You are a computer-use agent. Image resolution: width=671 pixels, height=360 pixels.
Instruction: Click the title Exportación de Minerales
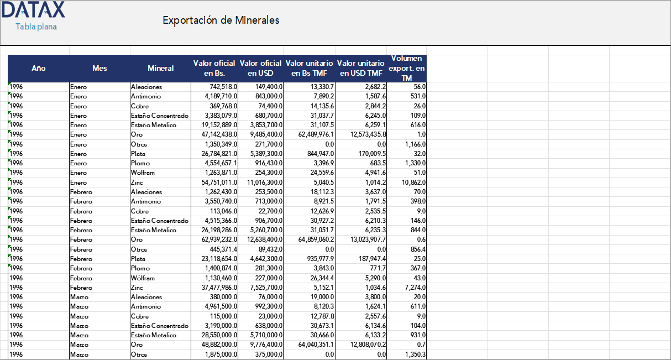[221, 20]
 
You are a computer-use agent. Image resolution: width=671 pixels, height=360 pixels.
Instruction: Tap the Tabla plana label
[36, 27]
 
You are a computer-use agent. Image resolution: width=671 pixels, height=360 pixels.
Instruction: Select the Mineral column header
[160, 69]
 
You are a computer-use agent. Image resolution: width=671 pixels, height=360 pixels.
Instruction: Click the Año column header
[39, 69]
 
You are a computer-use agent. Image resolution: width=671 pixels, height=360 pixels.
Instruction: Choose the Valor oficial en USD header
[261, 69]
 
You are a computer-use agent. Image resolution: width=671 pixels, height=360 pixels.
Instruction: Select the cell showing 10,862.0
[412, 182]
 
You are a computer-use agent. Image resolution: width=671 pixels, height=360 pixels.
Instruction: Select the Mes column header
[100, 69]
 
